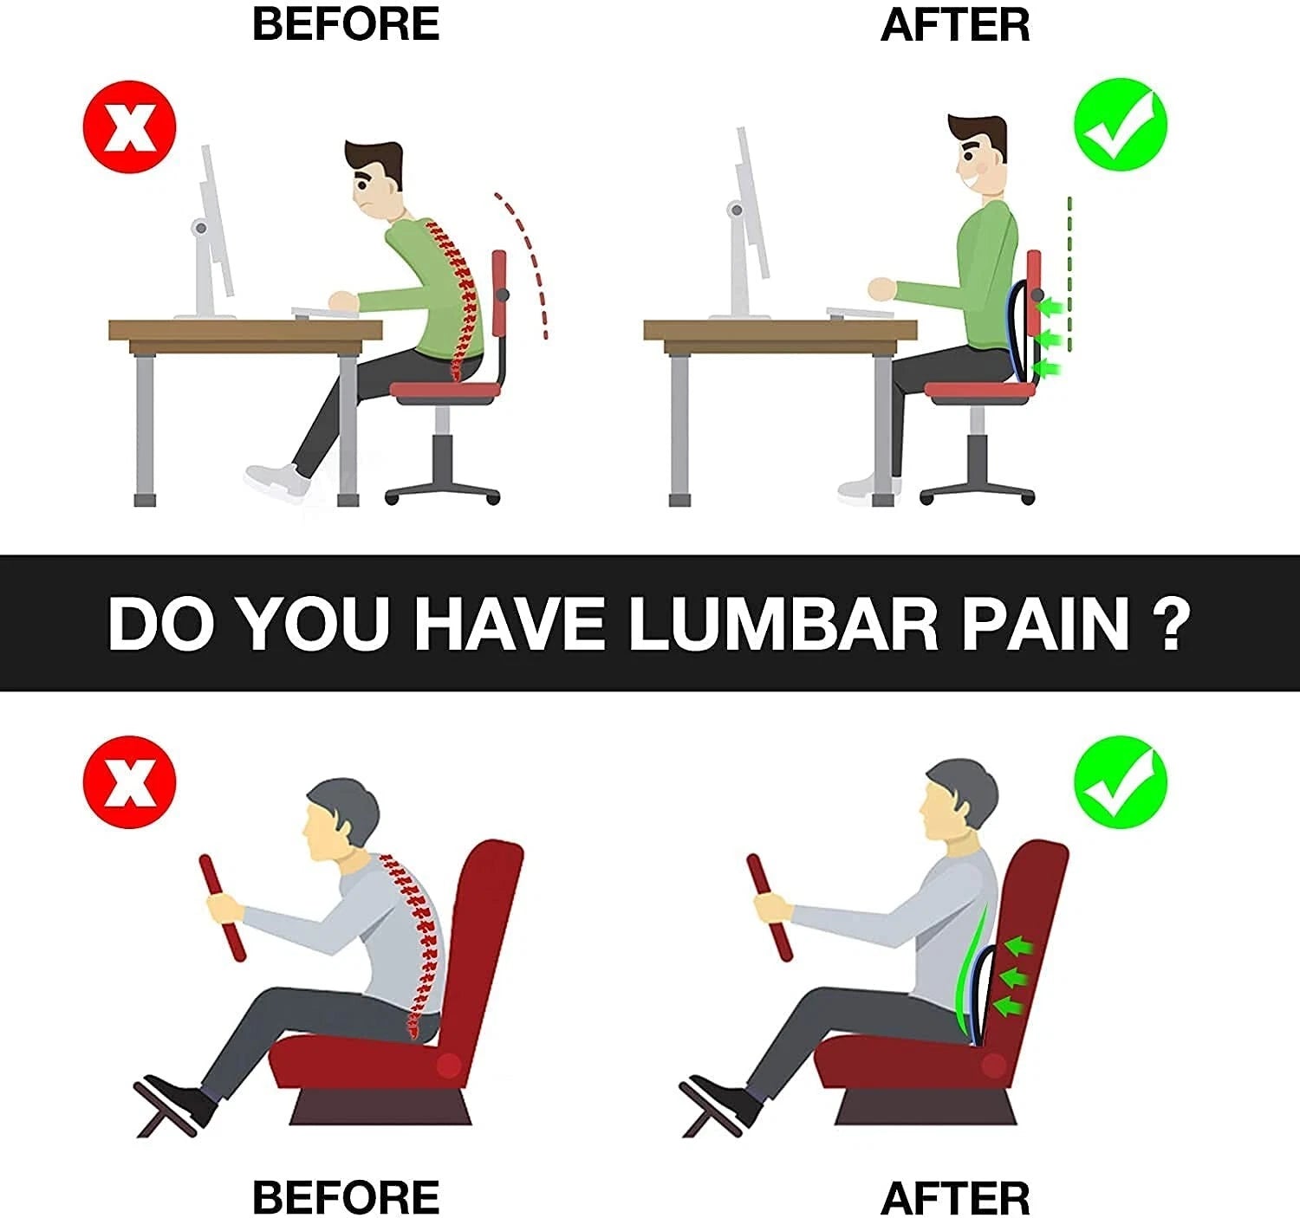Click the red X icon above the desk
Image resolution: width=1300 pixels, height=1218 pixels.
click(x=130, y=128)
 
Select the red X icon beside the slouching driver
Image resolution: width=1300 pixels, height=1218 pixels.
click(x=130, y=782)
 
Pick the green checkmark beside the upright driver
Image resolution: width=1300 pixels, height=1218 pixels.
click(x=1120, y=782)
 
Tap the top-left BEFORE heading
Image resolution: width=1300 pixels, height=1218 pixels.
click(x=346, y=23)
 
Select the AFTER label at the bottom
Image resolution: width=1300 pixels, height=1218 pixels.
click(x=955, y=1198)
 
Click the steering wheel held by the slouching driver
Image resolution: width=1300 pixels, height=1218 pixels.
click(x=223, y=908)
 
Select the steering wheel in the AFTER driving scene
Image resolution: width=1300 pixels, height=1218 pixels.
click(x=770, y=908)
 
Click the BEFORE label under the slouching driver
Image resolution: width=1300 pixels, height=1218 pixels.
click(x=346, y=1198)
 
